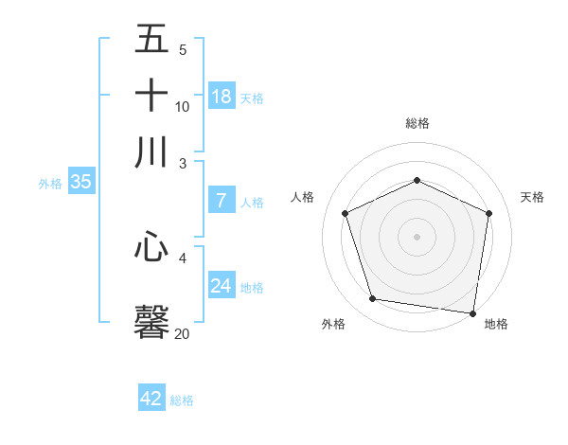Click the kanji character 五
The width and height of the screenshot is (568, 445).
(152, 40)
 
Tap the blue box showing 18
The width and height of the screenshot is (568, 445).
(222, 96)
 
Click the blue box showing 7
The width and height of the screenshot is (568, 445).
(222, 200)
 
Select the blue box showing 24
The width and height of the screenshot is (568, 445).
(222, 285)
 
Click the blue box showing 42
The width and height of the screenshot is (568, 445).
(151, 399)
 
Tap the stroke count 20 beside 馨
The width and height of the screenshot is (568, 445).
(182, 333)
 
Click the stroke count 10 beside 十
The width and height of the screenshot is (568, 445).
(182, 106)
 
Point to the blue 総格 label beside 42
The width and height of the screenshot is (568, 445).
(182, 400)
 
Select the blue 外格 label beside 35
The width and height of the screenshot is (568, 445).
(50, 184)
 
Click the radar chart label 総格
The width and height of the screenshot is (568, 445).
(417, 123)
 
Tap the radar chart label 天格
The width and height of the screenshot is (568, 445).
(532, 197)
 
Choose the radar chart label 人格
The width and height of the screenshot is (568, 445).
(302, 197)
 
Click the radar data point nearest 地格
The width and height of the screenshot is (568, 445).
(473, 312)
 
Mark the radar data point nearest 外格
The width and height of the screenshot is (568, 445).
(373, 299)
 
